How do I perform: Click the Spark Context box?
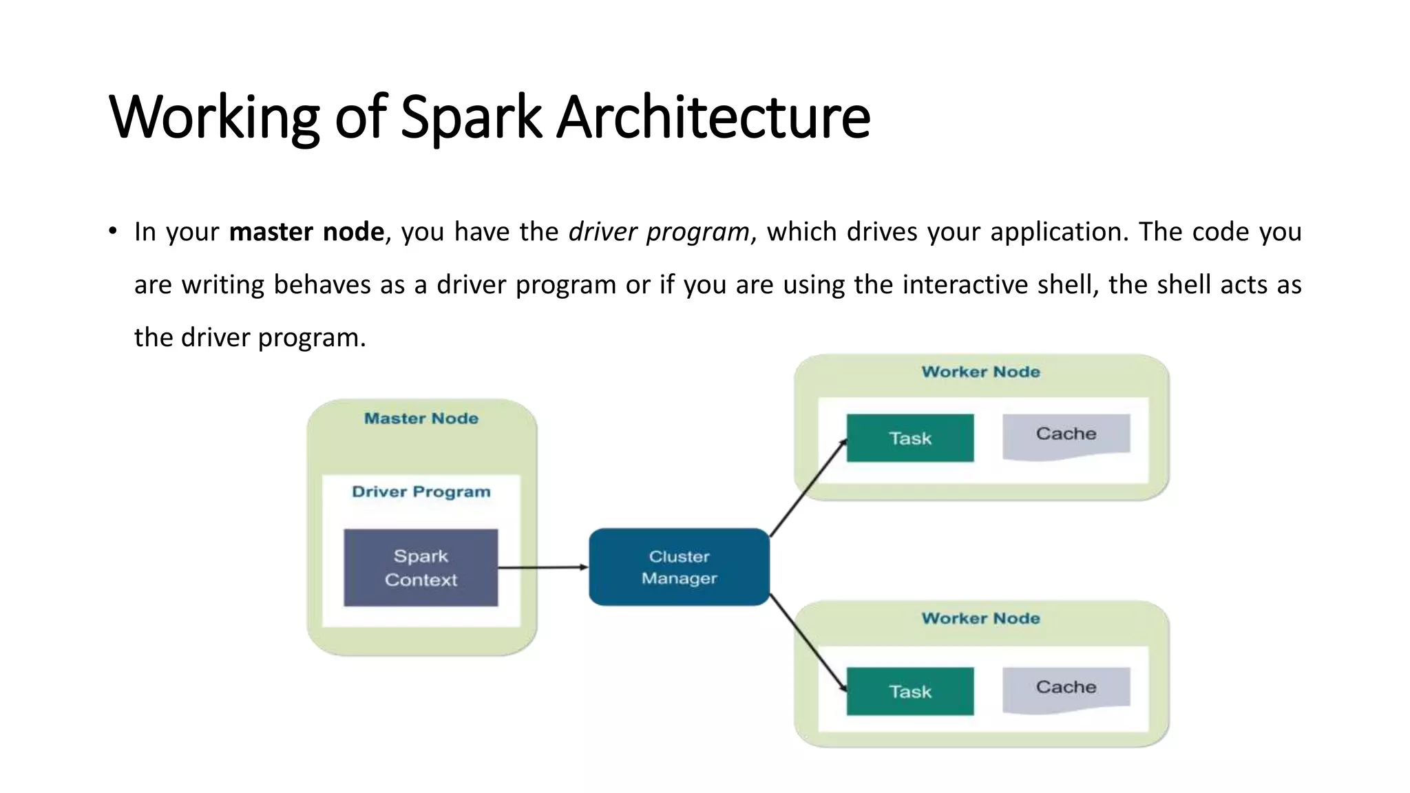tap(421, 567)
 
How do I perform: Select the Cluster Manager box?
tap(679, 567)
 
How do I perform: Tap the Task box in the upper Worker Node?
tap(909, 438)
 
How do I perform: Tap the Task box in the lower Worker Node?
tap(909, 691)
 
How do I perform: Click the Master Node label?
tap(421, 419)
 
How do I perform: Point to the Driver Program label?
tap(421, 492)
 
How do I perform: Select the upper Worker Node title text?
tap(980, 372)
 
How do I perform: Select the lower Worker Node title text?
tap(980, 618)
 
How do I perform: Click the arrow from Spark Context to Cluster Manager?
tap(543, 567)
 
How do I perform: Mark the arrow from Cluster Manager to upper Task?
tap(807, 489)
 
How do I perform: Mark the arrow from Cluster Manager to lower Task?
tap(807, 642)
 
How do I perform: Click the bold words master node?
tap(306, 232)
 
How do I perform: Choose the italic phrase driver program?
tap(659, 232)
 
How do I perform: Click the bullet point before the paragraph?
tap(113, 231)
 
